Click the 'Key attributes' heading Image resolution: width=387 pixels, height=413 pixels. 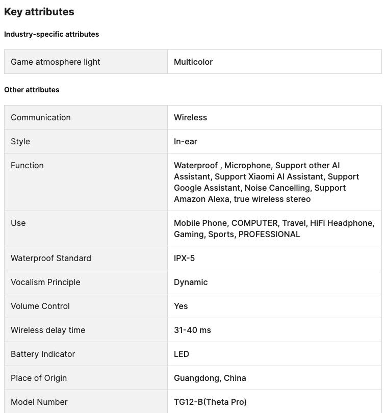pos(39,12)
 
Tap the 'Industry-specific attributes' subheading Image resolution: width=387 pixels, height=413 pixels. pos(51,34)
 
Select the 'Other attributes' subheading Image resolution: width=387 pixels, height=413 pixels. pos(32,90)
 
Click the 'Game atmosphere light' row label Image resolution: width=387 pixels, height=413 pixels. pos(56,62)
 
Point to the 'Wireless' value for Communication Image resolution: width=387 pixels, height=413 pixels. pos(190,117)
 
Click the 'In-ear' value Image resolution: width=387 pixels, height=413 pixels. pos(186,141)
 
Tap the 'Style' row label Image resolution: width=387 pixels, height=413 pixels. pos(20,141)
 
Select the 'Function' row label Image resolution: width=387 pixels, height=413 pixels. pos(27,165)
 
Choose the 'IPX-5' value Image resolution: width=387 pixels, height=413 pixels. pos(184,258)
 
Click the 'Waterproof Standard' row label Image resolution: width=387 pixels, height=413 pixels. pos(51,258)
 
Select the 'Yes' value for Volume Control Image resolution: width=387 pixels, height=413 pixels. pos(181,306)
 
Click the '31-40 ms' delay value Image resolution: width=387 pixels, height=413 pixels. pos(192,330)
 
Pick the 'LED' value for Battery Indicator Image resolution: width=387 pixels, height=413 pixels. pos(182,354)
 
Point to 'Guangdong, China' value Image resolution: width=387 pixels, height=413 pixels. pos(210,378)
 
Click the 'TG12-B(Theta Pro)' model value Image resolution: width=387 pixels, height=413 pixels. pos(210,402)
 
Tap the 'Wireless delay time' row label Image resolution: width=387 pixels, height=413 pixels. pos(48,330)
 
